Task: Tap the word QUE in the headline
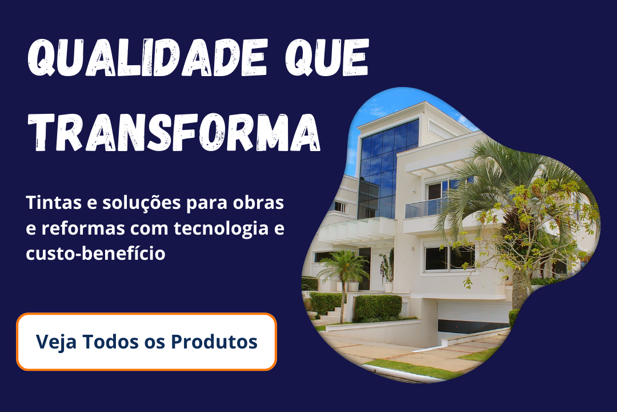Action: tap(327, 58)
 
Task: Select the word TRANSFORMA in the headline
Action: tap(174, 133)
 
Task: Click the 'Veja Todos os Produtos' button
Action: tap(146, 342)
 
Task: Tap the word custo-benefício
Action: tap(95, 253)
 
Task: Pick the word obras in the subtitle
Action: tap(258, 203)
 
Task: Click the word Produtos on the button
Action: tap(214, 342)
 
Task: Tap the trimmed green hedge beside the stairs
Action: tap(378, 307)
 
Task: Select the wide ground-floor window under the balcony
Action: tap(449, 258)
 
